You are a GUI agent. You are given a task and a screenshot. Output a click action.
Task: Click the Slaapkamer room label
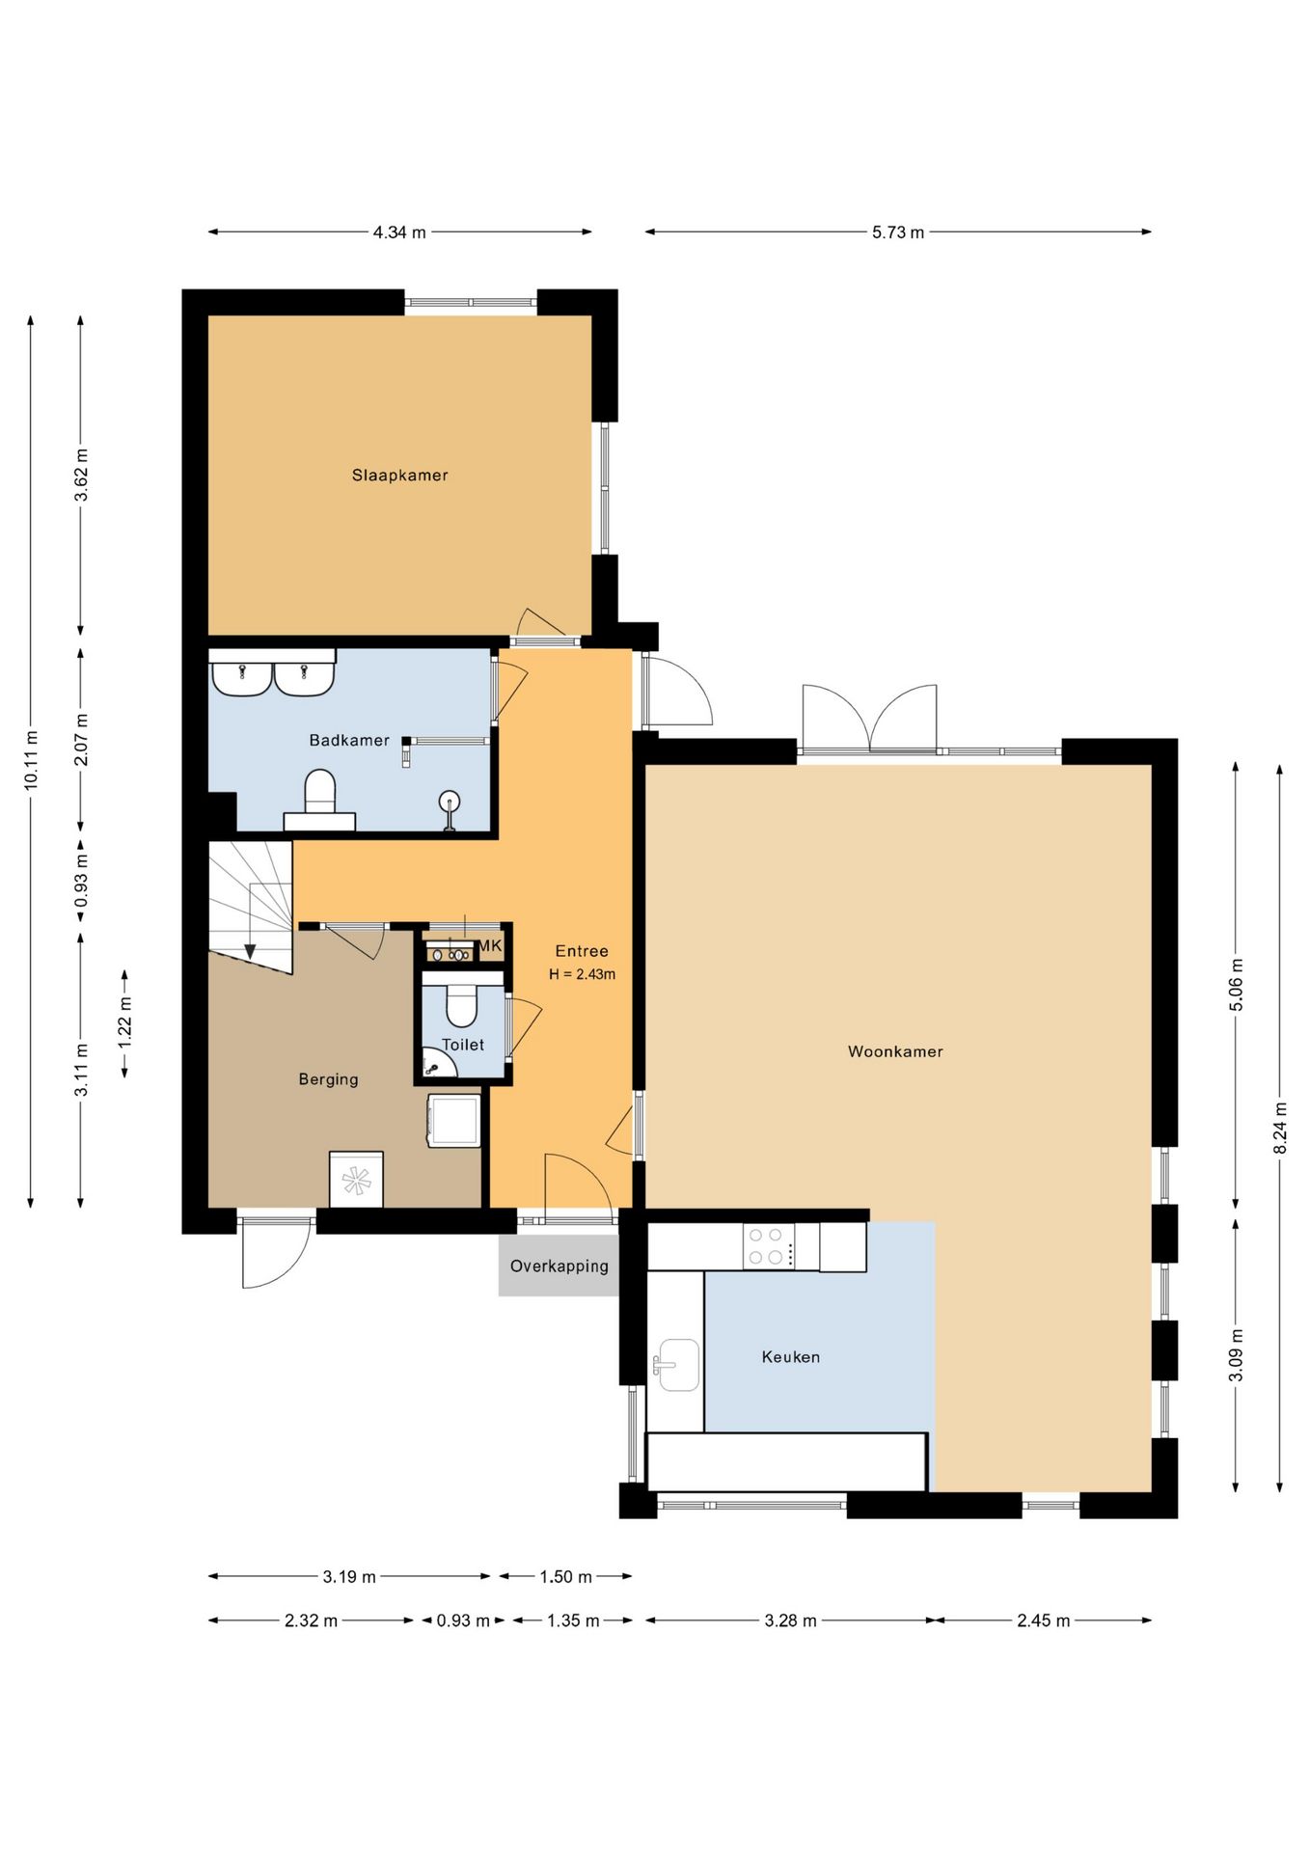click(x=399, y=475)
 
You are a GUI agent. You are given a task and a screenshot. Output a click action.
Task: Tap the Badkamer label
click(x=349, y=740)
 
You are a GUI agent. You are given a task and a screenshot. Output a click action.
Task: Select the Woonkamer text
click(x=895, y=1051)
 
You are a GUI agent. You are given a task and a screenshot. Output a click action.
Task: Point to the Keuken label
click(x=791, y=1356)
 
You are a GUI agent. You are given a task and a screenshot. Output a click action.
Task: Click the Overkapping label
click(x=559, y=1266)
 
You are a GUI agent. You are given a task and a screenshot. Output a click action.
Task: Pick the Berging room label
click(x=328, y=1079)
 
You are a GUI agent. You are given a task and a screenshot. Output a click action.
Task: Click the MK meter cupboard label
click(x=490, y=946)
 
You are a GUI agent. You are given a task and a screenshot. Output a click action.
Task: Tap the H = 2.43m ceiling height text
click(x=582, y=974)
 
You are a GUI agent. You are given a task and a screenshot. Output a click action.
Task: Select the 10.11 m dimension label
click(x=32, y=761)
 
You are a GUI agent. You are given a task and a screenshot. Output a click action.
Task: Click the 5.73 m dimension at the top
click(x=898, y=232)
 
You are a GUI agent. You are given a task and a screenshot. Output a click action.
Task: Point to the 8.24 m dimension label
click(x=1280, y=1128)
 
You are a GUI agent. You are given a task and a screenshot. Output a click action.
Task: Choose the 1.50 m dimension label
click(x=565, y=1577)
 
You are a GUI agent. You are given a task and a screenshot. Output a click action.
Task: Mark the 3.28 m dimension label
click(x=790, y=1620)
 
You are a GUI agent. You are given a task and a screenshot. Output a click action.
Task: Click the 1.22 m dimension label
click(x=125, y=1023)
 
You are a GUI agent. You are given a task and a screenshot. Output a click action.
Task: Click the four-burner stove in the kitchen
click(x=769, y=1246)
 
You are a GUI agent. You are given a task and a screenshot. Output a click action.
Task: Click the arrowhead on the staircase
click(x=250, y=952)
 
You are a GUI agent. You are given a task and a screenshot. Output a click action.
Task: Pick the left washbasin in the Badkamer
click(x=241, y=677)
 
